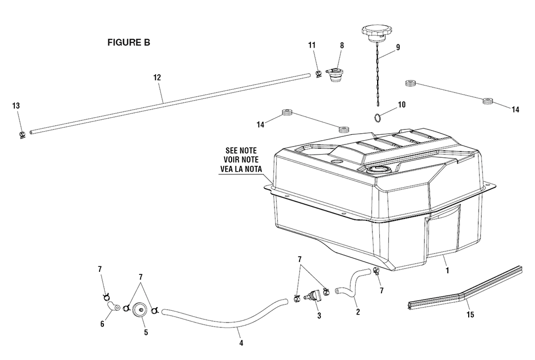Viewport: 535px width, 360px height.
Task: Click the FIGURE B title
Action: (128, 42)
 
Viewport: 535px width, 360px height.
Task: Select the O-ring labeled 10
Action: (377, 118)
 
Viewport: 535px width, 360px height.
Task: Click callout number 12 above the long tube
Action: (157, 78)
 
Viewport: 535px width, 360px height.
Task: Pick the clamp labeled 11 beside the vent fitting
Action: (319, 74)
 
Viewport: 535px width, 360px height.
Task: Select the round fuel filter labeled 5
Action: (139, 310)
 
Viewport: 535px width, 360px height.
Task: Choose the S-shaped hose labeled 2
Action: (353, 283)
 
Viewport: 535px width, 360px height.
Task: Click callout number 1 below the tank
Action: (447, 271)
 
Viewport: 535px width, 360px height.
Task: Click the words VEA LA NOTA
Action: (241, 168)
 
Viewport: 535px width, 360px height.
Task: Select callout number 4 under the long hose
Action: (241, 343)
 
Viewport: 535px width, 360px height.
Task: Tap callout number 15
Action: (470, 315)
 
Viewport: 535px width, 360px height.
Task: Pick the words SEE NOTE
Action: (241, 150)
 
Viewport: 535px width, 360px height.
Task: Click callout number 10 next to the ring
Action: (402, 105)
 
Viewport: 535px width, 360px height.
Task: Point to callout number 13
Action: (16, 106)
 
